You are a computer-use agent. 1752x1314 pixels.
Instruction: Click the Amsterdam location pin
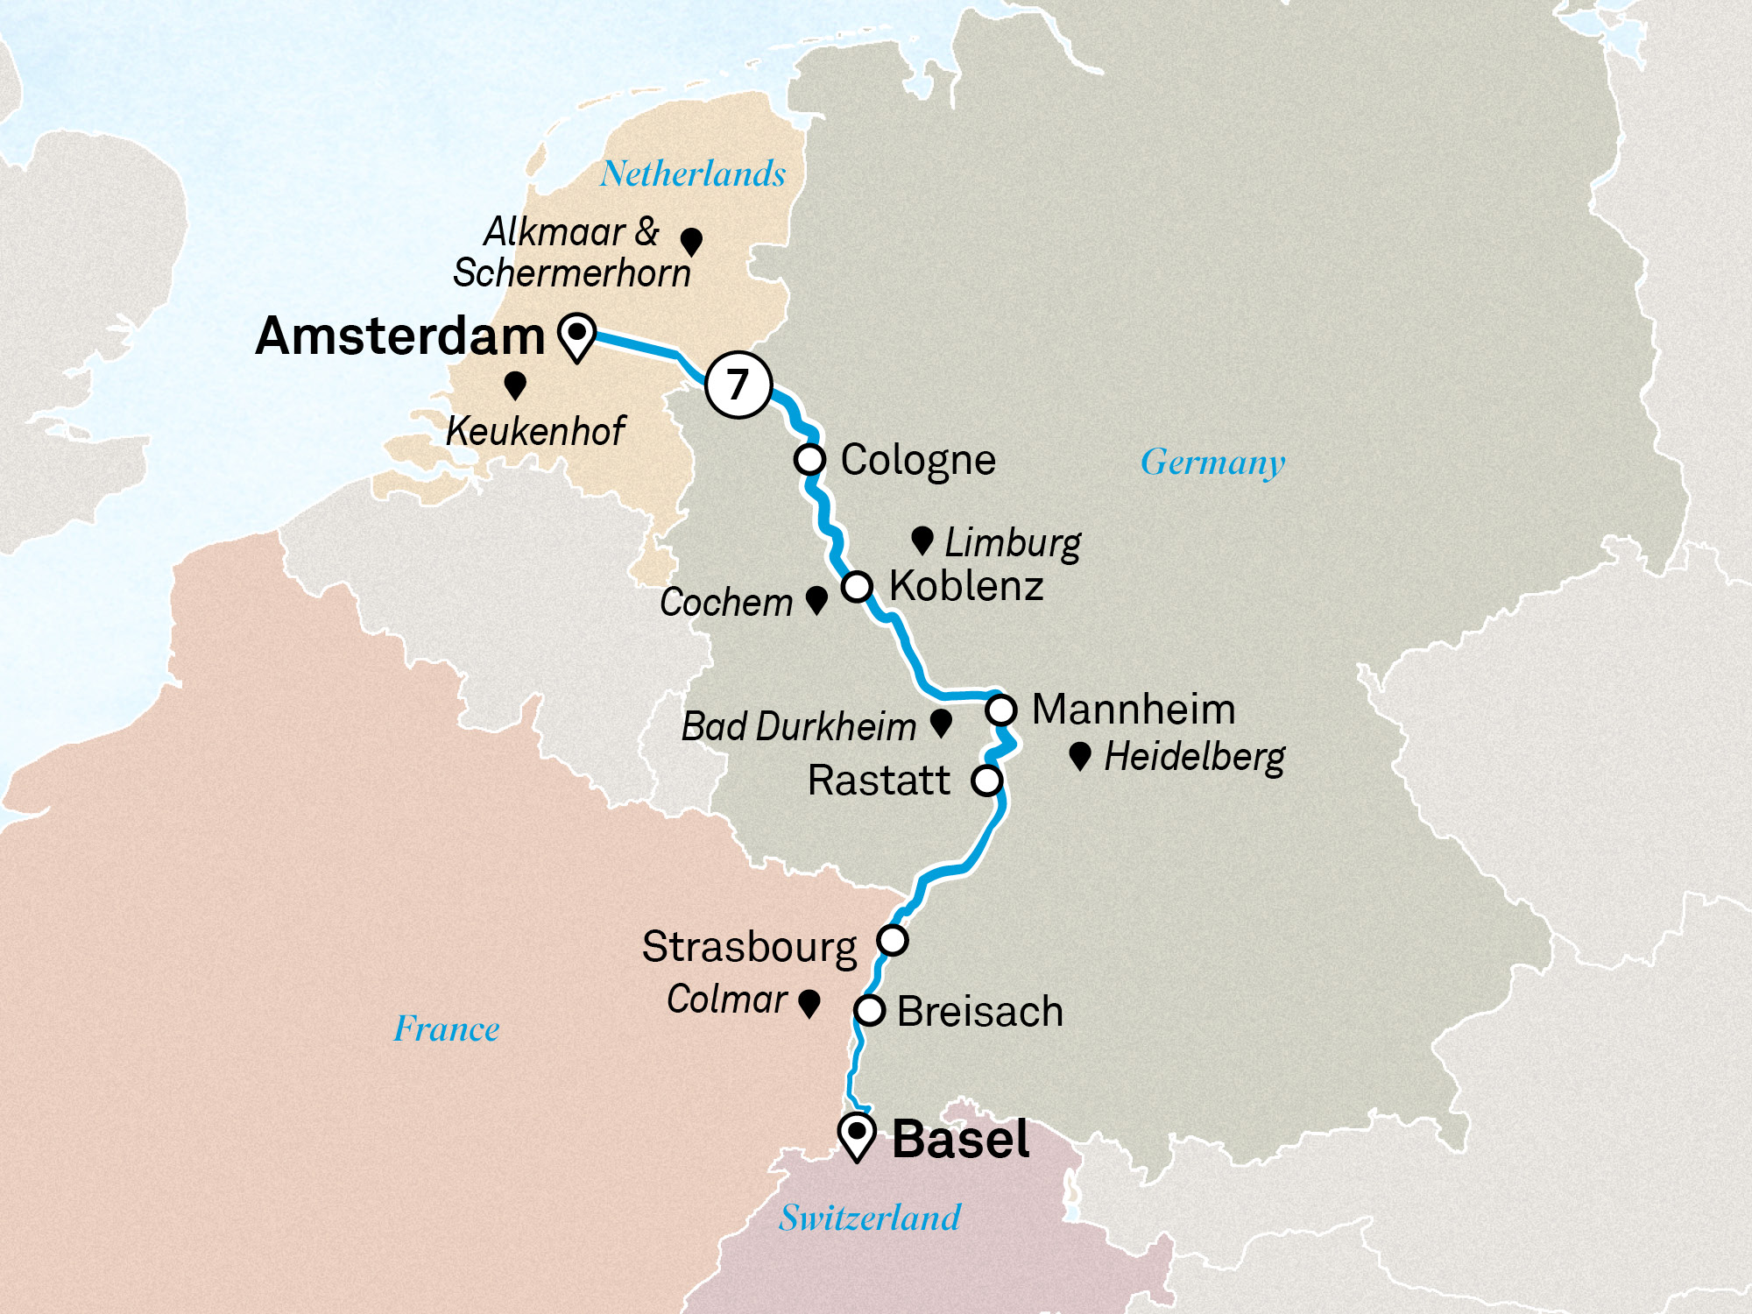point(577,336)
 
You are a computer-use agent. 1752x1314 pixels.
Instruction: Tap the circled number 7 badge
point(738,385)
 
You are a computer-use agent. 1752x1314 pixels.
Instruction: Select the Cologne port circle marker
point(809,459)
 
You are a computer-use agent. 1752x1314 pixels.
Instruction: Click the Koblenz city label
point(965,586)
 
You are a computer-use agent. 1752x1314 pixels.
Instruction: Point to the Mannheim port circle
point(1001,709)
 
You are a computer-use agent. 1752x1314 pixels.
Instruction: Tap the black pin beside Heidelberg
point(1080,755)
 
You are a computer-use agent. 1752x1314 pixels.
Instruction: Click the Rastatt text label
point(879,781)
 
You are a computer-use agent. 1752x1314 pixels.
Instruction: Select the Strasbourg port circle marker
point(893,940)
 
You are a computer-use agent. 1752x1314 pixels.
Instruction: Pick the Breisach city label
point(979,1012)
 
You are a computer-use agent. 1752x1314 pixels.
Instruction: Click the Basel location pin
point(857,1135)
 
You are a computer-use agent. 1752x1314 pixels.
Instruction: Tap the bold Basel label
point(960,1140)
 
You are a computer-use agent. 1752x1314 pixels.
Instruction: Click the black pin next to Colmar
point(809,1003)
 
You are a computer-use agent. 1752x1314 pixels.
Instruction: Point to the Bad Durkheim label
point(798,726)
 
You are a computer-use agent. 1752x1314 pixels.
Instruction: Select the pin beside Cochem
point(816,599)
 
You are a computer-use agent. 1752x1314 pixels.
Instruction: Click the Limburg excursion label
point(1012,543)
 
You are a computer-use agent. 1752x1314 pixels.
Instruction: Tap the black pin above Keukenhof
point(515,385)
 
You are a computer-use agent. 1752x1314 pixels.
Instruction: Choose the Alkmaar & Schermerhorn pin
point(691,241)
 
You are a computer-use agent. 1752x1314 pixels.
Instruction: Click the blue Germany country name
point(1212,463)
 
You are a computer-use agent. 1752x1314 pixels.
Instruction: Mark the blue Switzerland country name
point(870,1218)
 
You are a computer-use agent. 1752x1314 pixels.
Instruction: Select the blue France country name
point(447,1028)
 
